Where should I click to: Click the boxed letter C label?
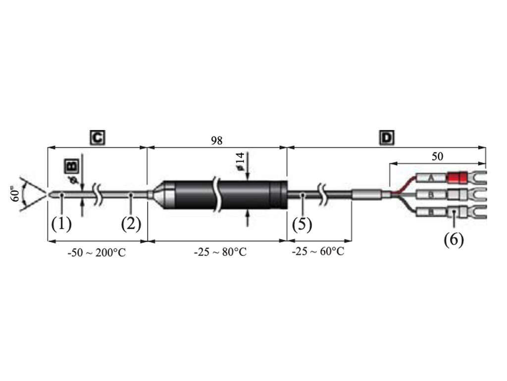point(98,138)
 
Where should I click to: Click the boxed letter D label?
point(387,138)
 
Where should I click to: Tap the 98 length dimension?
point(217,140)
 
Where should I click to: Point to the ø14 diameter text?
point(240,161)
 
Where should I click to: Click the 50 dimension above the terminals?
point(437,156)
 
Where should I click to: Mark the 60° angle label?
point(15,194)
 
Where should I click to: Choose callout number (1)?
point(61,224)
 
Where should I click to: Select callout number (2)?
point(131,224)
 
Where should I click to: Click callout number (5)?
point(302,224)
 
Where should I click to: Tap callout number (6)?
point(454,240)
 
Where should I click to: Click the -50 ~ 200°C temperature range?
point(97,253)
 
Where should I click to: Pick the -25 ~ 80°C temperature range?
point(220,252)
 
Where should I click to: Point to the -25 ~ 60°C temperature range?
point(318,251)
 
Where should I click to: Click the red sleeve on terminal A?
point(456,178)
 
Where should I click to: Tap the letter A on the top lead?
point(430,178)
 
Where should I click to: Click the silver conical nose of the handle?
point(164,194)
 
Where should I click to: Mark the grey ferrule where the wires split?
point(366,194)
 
